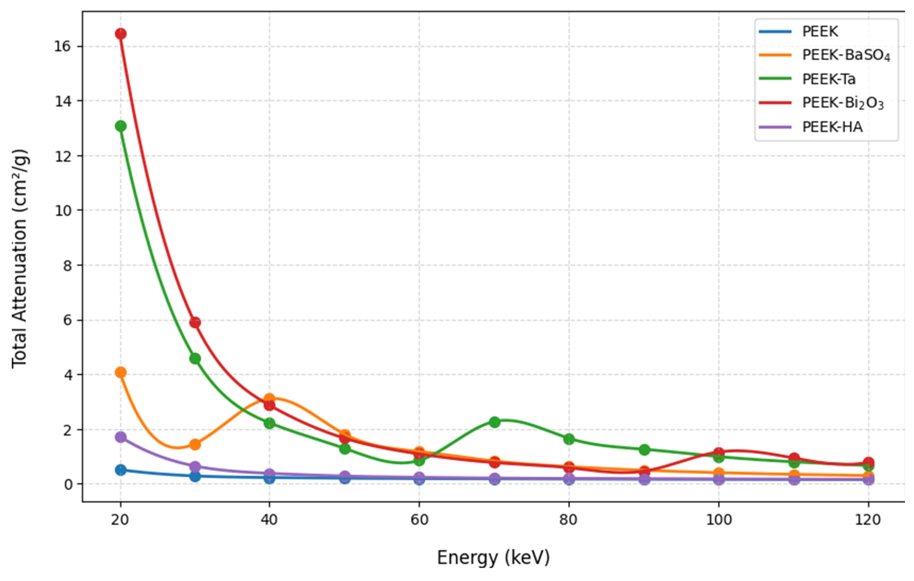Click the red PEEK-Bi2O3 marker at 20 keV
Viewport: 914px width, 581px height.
click(121, 34)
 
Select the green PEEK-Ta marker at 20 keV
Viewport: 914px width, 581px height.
click(121, 126)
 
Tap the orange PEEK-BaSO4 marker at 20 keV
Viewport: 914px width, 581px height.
click(121, 372)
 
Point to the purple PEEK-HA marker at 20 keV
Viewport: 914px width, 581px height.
click(121, 437)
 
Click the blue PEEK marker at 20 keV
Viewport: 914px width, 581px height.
click(121, 470)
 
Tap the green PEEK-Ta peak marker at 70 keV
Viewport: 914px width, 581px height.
click(495, 422)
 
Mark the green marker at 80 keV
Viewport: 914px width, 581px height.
click(569, 439)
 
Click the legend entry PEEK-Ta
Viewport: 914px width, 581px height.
click(829, 79)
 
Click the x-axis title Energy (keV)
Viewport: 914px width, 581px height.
click(493, 558)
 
